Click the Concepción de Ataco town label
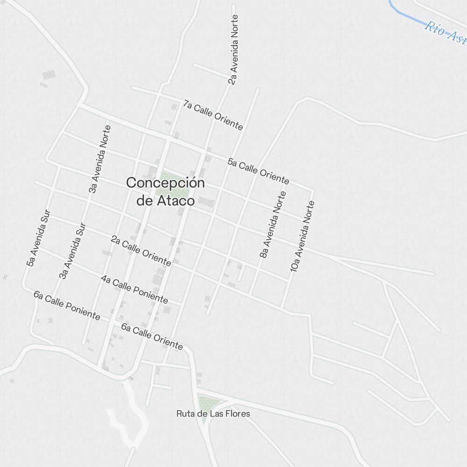coord(165,191)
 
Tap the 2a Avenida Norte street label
coord(233,50)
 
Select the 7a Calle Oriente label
coord(213,115)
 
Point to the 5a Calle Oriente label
coord(258,171)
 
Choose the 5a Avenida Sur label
coord(38,238)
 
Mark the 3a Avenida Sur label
coord(73,251)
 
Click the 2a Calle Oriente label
coord(141,251)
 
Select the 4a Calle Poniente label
coord(134,289)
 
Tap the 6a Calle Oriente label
coord(152,336)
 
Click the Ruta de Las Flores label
coord(213,414)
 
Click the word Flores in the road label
coord(236,414)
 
